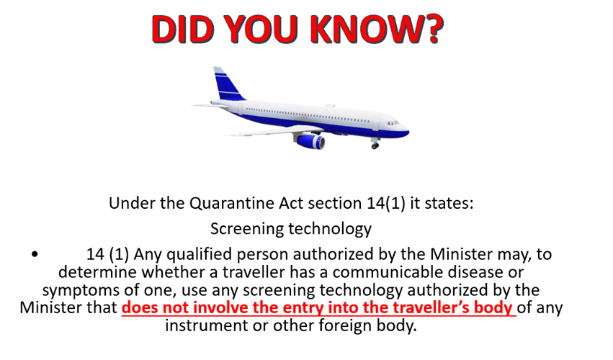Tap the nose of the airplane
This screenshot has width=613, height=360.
406,130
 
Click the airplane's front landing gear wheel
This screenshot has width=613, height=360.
375,146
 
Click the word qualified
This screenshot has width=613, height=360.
193,255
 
